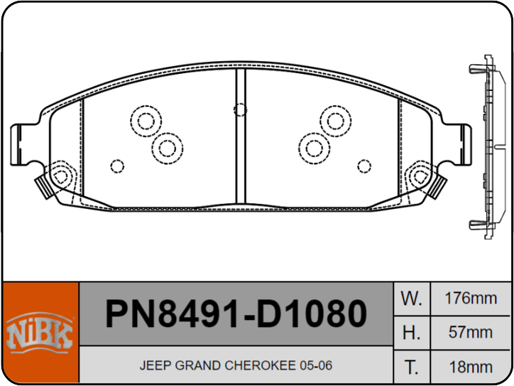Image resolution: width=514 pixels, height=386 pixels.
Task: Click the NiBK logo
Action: tap(39, 333)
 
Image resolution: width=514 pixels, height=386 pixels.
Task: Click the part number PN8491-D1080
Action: tap(236, 313)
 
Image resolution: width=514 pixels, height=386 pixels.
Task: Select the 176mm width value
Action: tap(471, 299)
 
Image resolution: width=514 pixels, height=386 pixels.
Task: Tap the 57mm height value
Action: tap(471, 333)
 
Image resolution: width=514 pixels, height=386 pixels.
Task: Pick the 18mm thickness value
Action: tap(471, 367)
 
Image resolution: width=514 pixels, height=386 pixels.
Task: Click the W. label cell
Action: tap(411, 299)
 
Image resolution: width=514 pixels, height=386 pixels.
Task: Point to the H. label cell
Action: tap(411, 333)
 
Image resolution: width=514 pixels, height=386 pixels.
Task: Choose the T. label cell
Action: tap(411, 367)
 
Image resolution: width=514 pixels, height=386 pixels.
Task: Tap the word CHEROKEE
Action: tap(261, 365)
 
